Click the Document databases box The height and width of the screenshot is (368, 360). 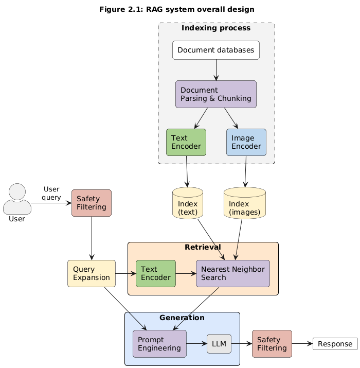[216, 50]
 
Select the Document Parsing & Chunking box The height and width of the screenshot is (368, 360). [216, 94]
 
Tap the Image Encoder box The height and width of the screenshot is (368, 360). [246, 142]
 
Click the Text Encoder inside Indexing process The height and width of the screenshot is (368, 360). [186, 142]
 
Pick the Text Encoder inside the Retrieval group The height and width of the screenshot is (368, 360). [156, 273]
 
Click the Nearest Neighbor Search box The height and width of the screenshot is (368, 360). [233, 273]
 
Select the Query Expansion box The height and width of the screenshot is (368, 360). [91, 273]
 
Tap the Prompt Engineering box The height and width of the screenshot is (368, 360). [159, 344]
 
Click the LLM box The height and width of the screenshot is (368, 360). [219, 344]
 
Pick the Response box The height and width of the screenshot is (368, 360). [335, 344]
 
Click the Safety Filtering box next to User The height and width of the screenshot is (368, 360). [92, 203]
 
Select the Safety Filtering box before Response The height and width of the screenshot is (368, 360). [272, 344]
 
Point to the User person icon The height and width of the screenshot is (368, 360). [17, 199]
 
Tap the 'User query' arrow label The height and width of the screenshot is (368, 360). [51, 193]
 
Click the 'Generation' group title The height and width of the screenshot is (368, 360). [182, 318]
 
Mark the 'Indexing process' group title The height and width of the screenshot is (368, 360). [217, 28]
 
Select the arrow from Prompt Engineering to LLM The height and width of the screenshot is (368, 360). [196, 344]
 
